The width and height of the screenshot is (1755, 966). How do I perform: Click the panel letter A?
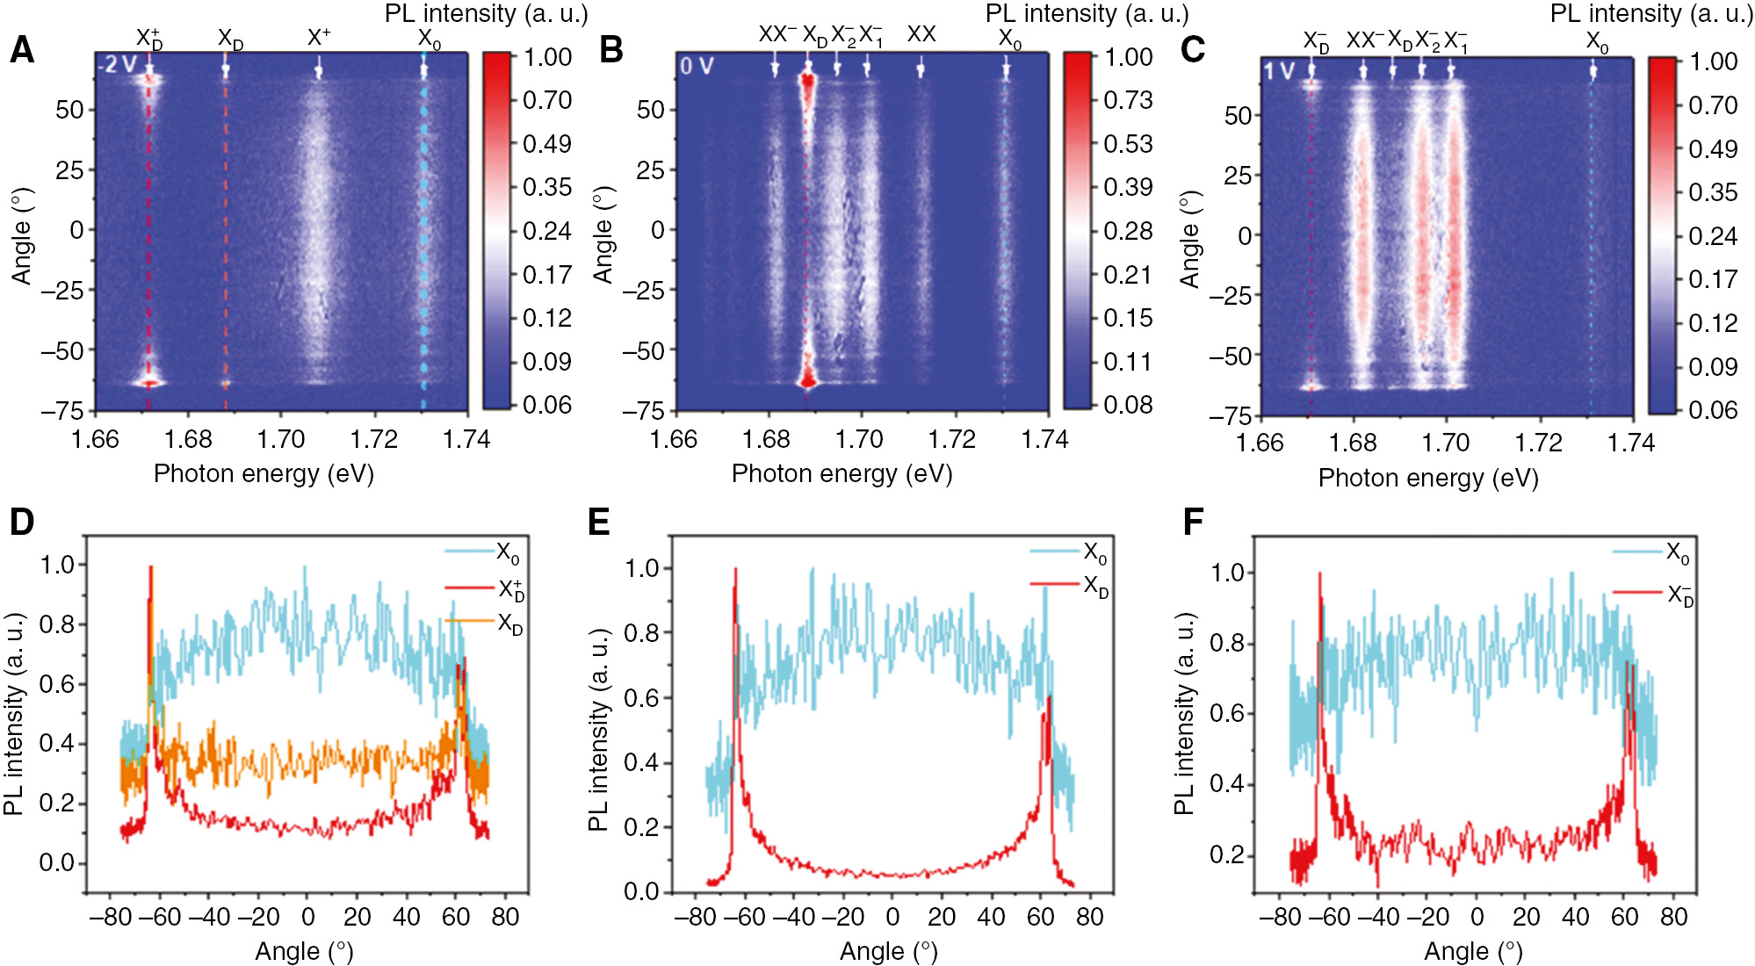click(x=21, y=50)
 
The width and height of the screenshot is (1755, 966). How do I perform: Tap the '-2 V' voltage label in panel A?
click(x=118, y=65)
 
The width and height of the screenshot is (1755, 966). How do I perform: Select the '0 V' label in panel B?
click(x=697, y=66)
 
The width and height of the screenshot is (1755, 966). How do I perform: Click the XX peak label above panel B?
click(x=921, y=34)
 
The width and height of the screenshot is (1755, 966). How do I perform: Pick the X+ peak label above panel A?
click(x=319, y=37)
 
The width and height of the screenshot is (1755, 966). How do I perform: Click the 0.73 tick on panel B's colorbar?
click(x=1128, y=100)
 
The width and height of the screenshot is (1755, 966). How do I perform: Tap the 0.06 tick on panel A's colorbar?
click(x=546, y=405)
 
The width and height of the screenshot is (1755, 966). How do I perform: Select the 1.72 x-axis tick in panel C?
click(x=1538, y=443)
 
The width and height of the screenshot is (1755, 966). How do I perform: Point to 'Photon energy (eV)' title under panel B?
click(x=841, y=474)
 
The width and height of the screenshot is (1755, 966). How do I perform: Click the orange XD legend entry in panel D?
click(x=509, y=624)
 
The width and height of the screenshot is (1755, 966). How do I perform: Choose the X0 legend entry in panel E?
click(x=1094, y=552)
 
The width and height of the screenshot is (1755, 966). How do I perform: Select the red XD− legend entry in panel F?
click(x=1679, y=595)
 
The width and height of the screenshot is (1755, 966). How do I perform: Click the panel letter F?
click(x=1193, y=523)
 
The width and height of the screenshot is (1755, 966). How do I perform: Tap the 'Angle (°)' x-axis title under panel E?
click(x=888, y=951)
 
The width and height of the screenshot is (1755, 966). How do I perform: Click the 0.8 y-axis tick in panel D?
click(x=57, y=625)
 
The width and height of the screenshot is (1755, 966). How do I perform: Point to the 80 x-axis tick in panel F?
click(x=1673, y=917)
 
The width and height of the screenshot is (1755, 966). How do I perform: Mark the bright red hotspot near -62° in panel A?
click(x=148, y=383)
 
